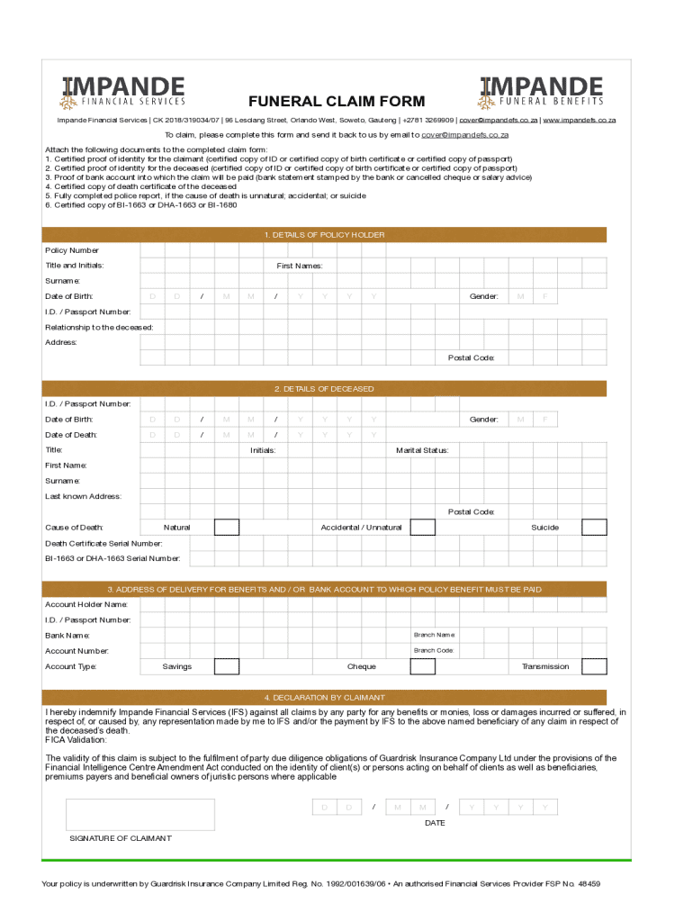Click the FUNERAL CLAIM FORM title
337,101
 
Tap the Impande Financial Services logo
123,91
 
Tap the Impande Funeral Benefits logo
542,91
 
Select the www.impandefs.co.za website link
579,120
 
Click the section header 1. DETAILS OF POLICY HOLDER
324,235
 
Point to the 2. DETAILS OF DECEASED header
324,389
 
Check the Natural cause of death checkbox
226,528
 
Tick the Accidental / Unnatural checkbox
422,528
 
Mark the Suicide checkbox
594,528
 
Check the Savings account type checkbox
226,666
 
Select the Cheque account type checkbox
422,666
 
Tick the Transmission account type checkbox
594,666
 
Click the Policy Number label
72,250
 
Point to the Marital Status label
422,450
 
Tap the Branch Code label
433,650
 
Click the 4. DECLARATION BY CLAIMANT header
324,698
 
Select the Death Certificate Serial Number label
103,544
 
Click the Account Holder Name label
86,604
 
